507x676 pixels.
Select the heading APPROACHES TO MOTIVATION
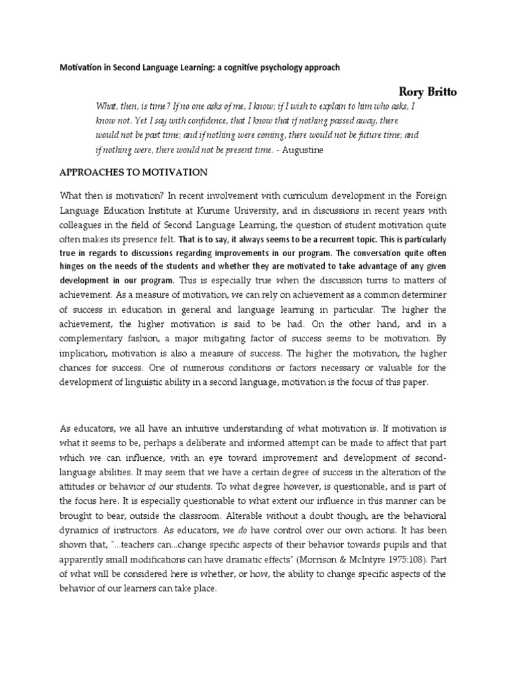pyautogui.click(x=134, y=172)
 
